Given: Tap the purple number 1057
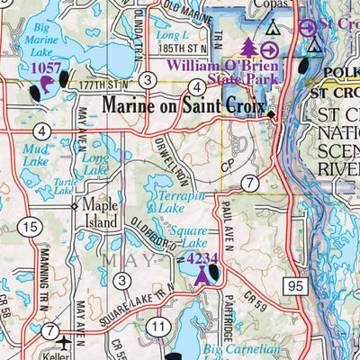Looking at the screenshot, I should pos(45,67).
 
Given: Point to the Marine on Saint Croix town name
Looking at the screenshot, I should pos(185,106).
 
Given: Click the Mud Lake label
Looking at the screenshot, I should pos(36,155).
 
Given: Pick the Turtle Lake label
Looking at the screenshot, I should pos(63,186).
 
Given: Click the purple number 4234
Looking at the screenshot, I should pos(202,259).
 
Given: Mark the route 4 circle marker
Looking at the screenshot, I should pos(197,86).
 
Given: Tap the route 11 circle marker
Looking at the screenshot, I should pos(159,325).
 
